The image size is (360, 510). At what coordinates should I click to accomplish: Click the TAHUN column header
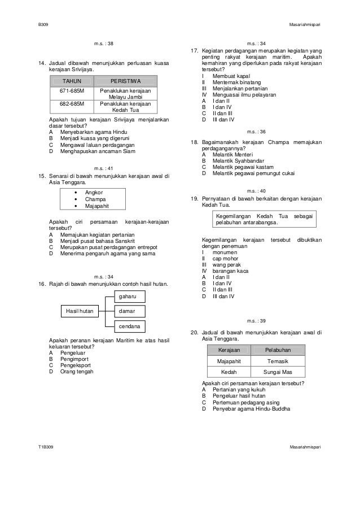[72, 81]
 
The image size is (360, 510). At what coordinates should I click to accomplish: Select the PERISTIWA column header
[125, 81]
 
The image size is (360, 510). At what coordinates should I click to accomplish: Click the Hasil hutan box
[80, 311]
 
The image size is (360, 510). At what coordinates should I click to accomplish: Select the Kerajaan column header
[228, 351]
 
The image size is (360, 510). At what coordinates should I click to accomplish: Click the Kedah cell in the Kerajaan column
[228, 372]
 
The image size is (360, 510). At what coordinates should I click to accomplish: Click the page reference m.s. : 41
[104, 168]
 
